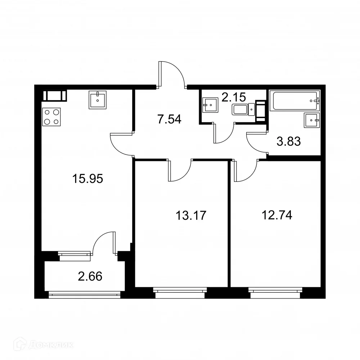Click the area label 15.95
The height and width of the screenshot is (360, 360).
click(x=88, y=179)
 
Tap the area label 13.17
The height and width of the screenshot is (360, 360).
click(x=191, y=216)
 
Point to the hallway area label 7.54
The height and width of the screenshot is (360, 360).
click(x=169, y=118)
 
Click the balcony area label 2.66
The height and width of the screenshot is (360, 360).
click(x=90, y=276)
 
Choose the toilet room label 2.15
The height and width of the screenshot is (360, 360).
click(x=233, y=97)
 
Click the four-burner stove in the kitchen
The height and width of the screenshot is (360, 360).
click(x=51, y=117)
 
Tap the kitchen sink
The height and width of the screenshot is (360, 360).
click(x=98, y=99)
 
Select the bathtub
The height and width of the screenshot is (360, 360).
click(x=295, y=101)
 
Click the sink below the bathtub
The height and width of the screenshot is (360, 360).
click(x=312, y=120)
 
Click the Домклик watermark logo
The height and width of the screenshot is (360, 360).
click(x=40, y=345)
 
